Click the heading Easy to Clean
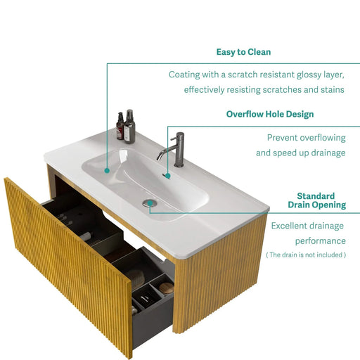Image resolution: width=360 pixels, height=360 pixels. (244, 52)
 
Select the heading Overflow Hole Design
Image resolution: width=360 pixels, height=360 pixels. (269, 114)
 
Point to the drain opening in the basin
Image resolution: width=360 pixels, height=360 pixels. (149, 202)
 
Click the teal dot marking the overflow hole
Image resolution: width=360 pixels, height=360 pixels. (167, 174)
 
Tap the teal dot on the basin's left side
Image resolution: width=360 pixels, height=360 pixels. (107, 169)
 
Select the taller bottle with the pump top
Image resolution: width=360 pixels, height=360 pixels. (129, 127)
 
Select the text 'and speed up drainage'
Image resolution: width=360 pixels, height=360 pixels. (300, 153)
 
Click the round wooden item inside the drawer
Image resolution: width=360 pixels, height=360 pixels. (165, 287)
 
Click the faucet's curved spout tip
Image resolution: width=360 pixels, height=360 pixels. (160, 159)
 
